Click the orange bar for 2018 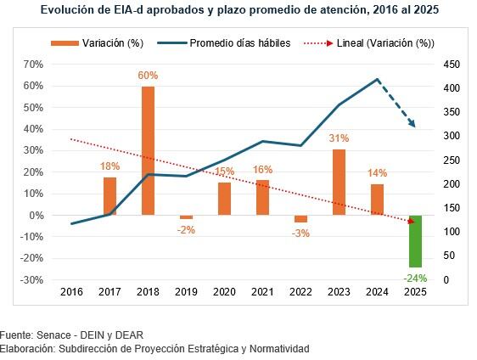coord(148,150)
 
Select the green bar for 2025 coord(415,241)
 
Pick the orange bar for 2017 coord(109,195)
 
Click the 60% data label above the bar coord(148,76)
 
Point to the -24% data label coord(415,277)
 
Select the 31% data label coord(339,138)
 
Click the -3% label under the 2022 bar coord(300,233)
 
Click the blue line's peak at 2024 coord(377,79)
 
